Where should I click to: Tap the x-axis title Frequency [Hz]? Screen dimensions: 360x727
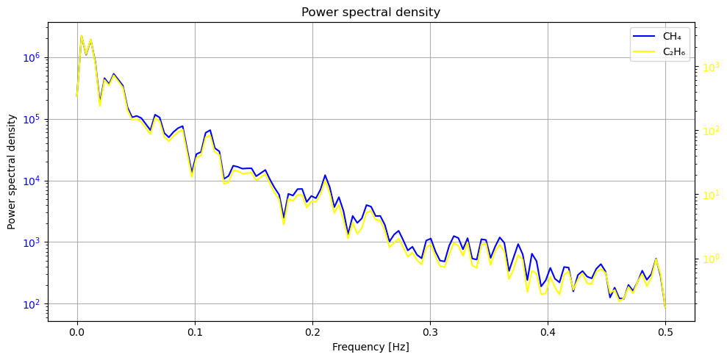[x=370, y=347]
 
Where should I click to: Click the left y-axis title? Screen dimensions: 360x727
[x=12, y=171]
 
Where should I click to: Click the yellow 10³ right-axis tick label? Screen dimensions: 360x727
[x=710, y=67]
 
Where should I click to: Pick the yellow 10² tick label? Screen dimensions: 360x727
[x=710, y=131]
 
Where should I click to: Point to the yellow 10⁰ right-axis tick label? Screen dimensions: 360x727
[x=710, y=259]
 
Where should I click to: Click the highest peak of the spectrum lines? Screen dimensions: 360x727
[x=82, y=35]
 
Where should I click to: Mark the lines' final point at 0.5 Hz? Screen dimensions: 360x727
[x=665, y=308]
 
